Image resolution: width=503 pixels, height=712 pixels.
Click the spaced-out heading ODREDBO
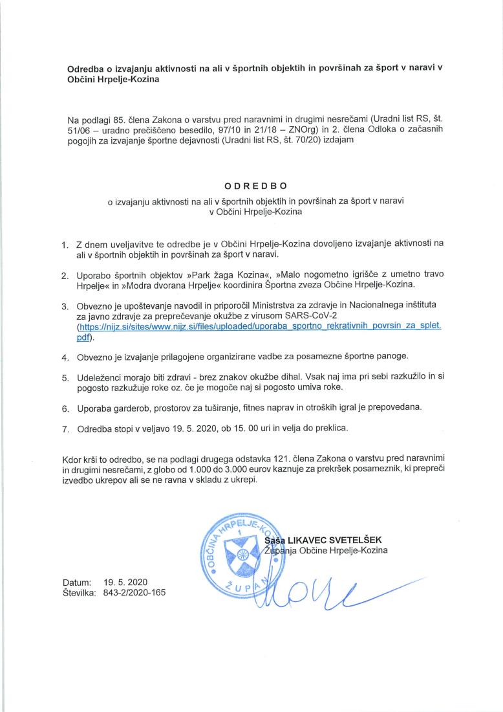click(x=251, y=186)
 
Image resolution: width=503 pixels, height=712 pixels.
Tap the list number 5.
click(x=65, y=377)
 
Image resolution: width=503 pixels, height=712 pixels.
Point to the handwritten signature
click(x=323, y=592)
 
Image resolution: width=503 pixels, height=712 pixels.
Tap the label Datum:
click(x=77, y=582)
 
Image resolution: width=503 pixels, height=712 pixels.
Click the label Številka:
click(x=80, y=592)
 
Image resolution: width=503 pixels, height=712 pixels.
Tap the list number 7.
click(x=65, y=428)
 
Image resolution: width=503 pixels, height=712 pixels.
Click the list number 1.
click(x=65, y=245)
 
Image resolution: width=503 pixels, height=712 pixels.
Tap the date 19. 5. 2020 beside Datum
click(x=125, y=582)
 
